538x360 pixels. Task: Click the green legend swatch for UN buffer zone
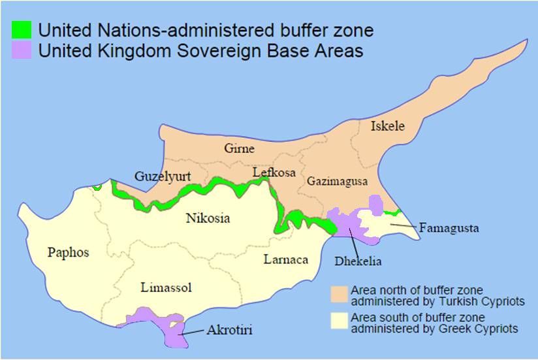(22, 30)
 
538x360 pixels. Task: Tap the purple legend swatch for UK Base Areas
(22, 50)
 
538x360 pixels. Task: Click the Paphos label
(68, 253)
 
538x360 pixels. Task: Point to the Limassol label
(166, 287)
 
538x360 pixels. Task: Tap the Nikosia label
(208, 218)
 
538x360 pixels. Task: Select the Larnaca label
(285, 259)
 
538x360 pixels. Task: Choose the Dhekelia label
(358, 261)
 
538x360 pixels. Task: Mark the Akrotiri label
(229, 331)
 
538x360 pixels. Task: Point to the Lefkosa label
(274, 172)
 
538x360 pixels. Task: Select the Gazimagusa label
(338, 181)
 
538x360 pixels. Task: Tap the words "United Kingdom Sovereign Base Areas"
(200, 50)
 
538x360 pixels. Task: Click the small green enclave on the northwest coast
(97, 187)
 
